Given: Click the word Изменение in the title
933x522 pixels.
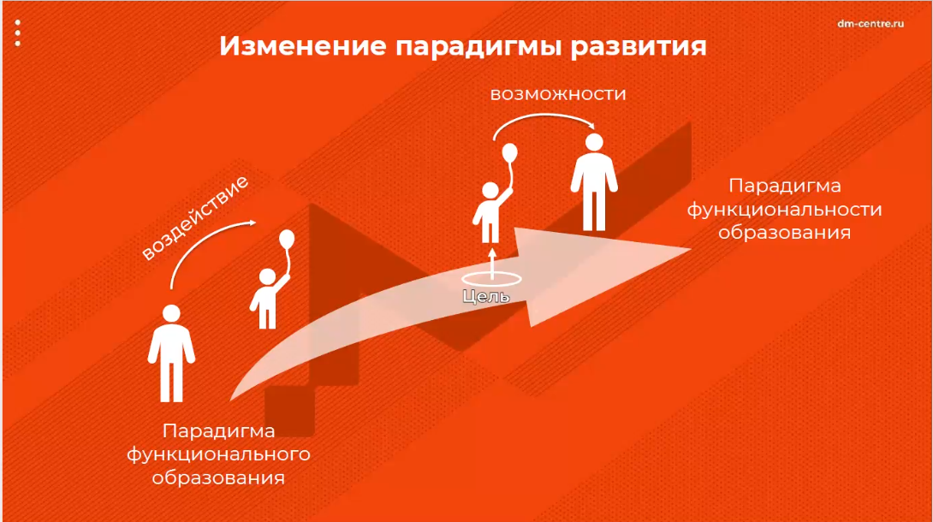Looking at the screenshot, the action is pyautogui.click(x=303, y=46).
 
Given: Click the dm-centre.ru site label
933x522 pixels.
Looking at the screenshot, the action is pyautogui.click(x=871, y=24).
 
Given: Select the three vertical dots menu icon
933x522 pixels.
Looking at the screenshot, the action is pyautogui.click(x=18, y=33).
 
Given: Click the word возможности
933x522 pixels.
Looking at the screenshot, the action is pyautogui.click(x=558, y=94).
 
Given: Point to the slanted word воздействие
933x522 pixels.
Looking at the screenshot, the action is pyautogui.click(x=194, y=217).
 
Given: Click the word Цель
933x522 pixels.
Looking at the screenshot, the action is pyautogui.click(x=486, y=296).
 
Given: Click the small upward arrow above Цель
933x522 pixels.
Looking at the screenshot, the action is pyautogui.click(x=492, y=264).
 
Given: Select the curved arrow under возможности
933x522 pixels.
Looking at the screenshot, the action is pyautogui.click(x=543, y=115).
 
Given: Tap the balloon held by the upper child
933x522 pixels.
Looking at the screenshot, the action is pyautogui.click(x=510, y=153).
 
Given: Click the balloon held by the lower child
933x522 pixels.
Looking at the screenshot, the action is pyautogui.click(x=287, y=239).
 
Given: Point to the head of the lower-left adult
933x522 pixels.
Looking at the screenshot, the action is pyautogui.click(x=171, y=313).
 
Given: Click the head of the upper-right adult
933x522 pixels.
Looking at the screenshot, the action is pyautogui.click(x=594, y=143).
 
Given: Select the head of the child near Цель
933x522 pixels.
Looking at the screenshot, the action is pyautogui.click(x=490, y=191).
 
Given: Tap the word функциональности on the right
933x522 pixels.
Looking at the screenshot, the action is pyautogui.click(x=784, y=210).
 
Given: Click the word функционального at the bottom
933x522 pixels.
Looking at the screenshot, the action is pyautogui.click(x=218, y=454).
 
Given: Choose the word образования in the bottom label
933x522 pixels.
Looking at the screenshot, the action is pyautogui.click(x=218, y=478).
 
